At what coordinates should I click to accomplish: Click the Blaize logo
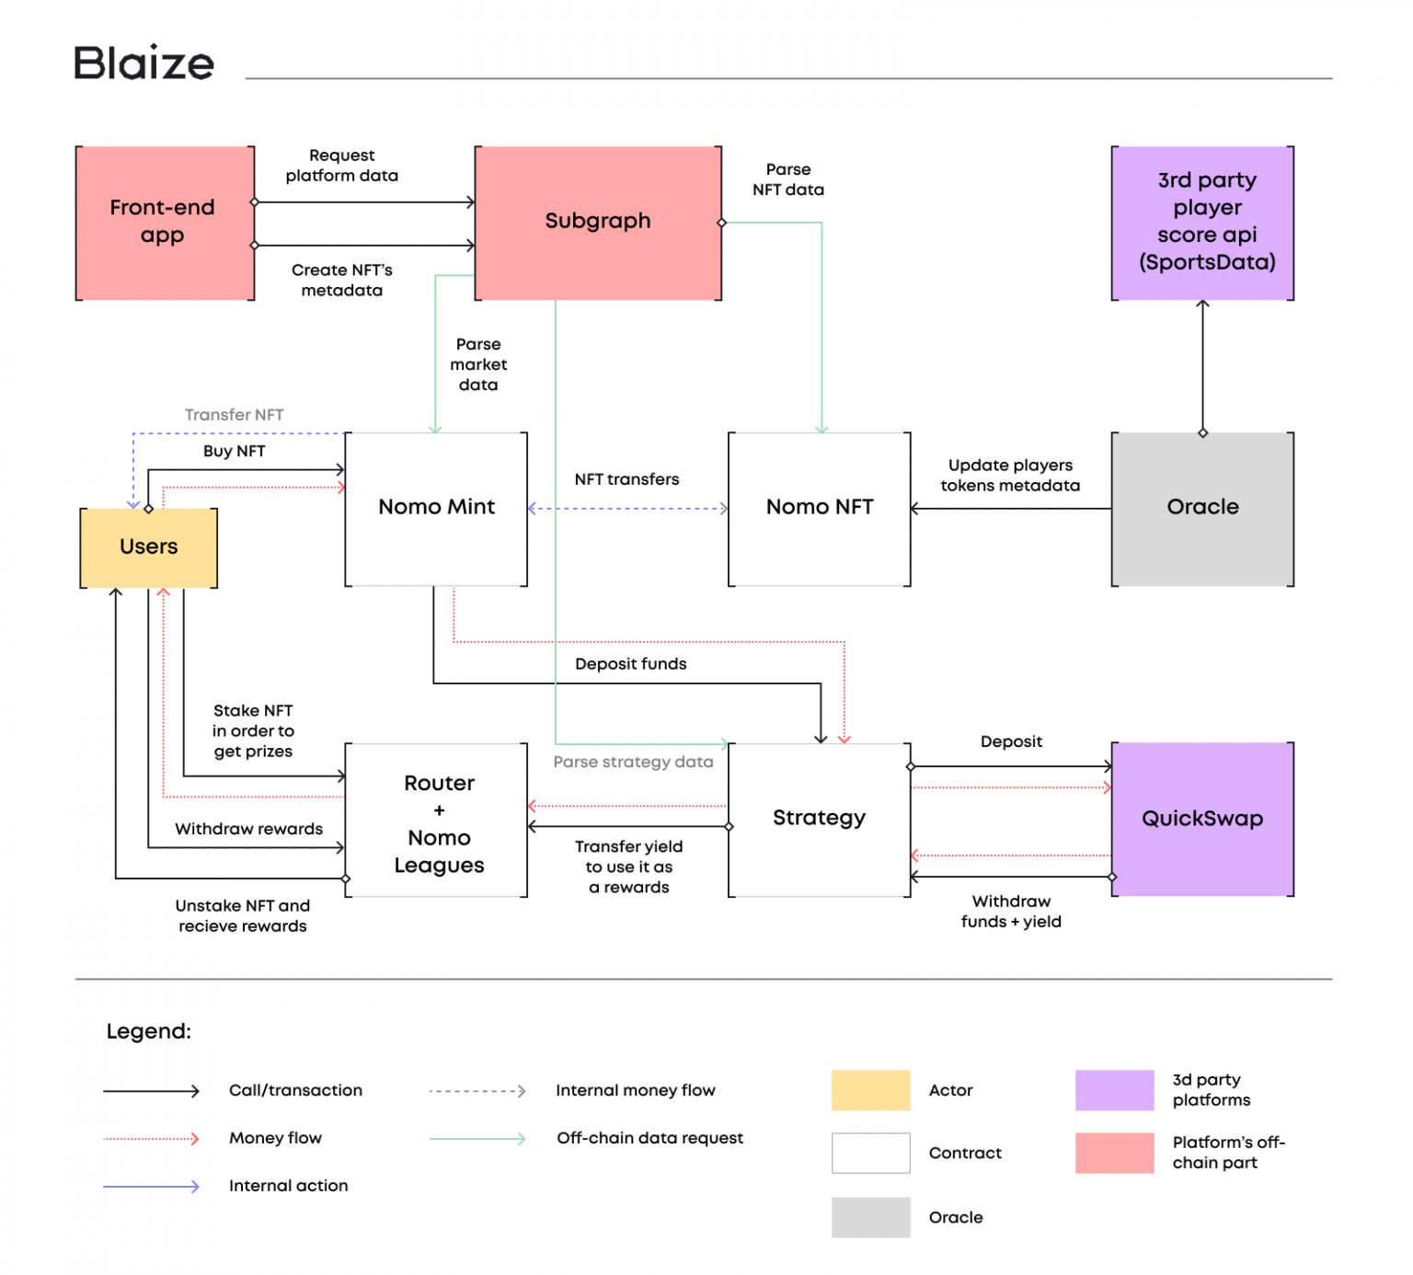[x=144, y=63]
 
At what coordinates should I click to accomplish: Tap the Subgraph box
[x=598, y=222]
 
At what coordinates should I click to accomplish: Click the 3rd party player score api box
[x=1202, y=223]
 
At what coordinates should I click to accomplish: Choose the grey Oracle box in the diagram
[x=1202, y=508]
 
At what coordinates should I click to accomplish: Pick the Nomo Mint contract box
[x=436, y=508]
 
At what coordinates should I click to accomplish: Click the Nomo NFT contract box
[x=819, y=508]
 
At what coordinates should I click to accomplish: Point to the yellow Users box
[x=149, y=547]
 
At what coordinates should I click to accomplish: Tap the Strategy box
[x=819, y=819]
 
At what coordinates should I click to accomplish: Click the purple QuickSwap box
[x=1202, y=819]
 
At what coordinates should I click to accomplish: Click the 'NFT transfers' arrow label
[x=626, y=479]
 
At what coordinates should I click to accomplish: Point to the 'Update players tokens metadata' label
[x=1010, y=476]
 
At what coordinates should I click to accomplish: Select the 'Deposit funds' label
[x=630, y=664]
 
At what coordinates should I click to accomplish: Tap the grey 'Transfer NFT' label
[x=234, y=415]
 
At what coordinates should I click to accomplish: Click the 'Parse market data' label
[x=478, y=364]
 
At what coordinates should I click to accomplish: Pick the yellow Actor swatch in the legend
[x=870, y=1090]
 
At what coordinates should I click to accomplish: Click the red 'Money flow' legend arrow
[x=151, y=1139]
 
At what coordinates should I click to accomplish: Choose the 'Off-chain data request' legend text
[x=649, y=1138]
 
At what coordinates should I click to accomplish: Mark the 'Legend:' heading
[x=149, y=1031]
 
